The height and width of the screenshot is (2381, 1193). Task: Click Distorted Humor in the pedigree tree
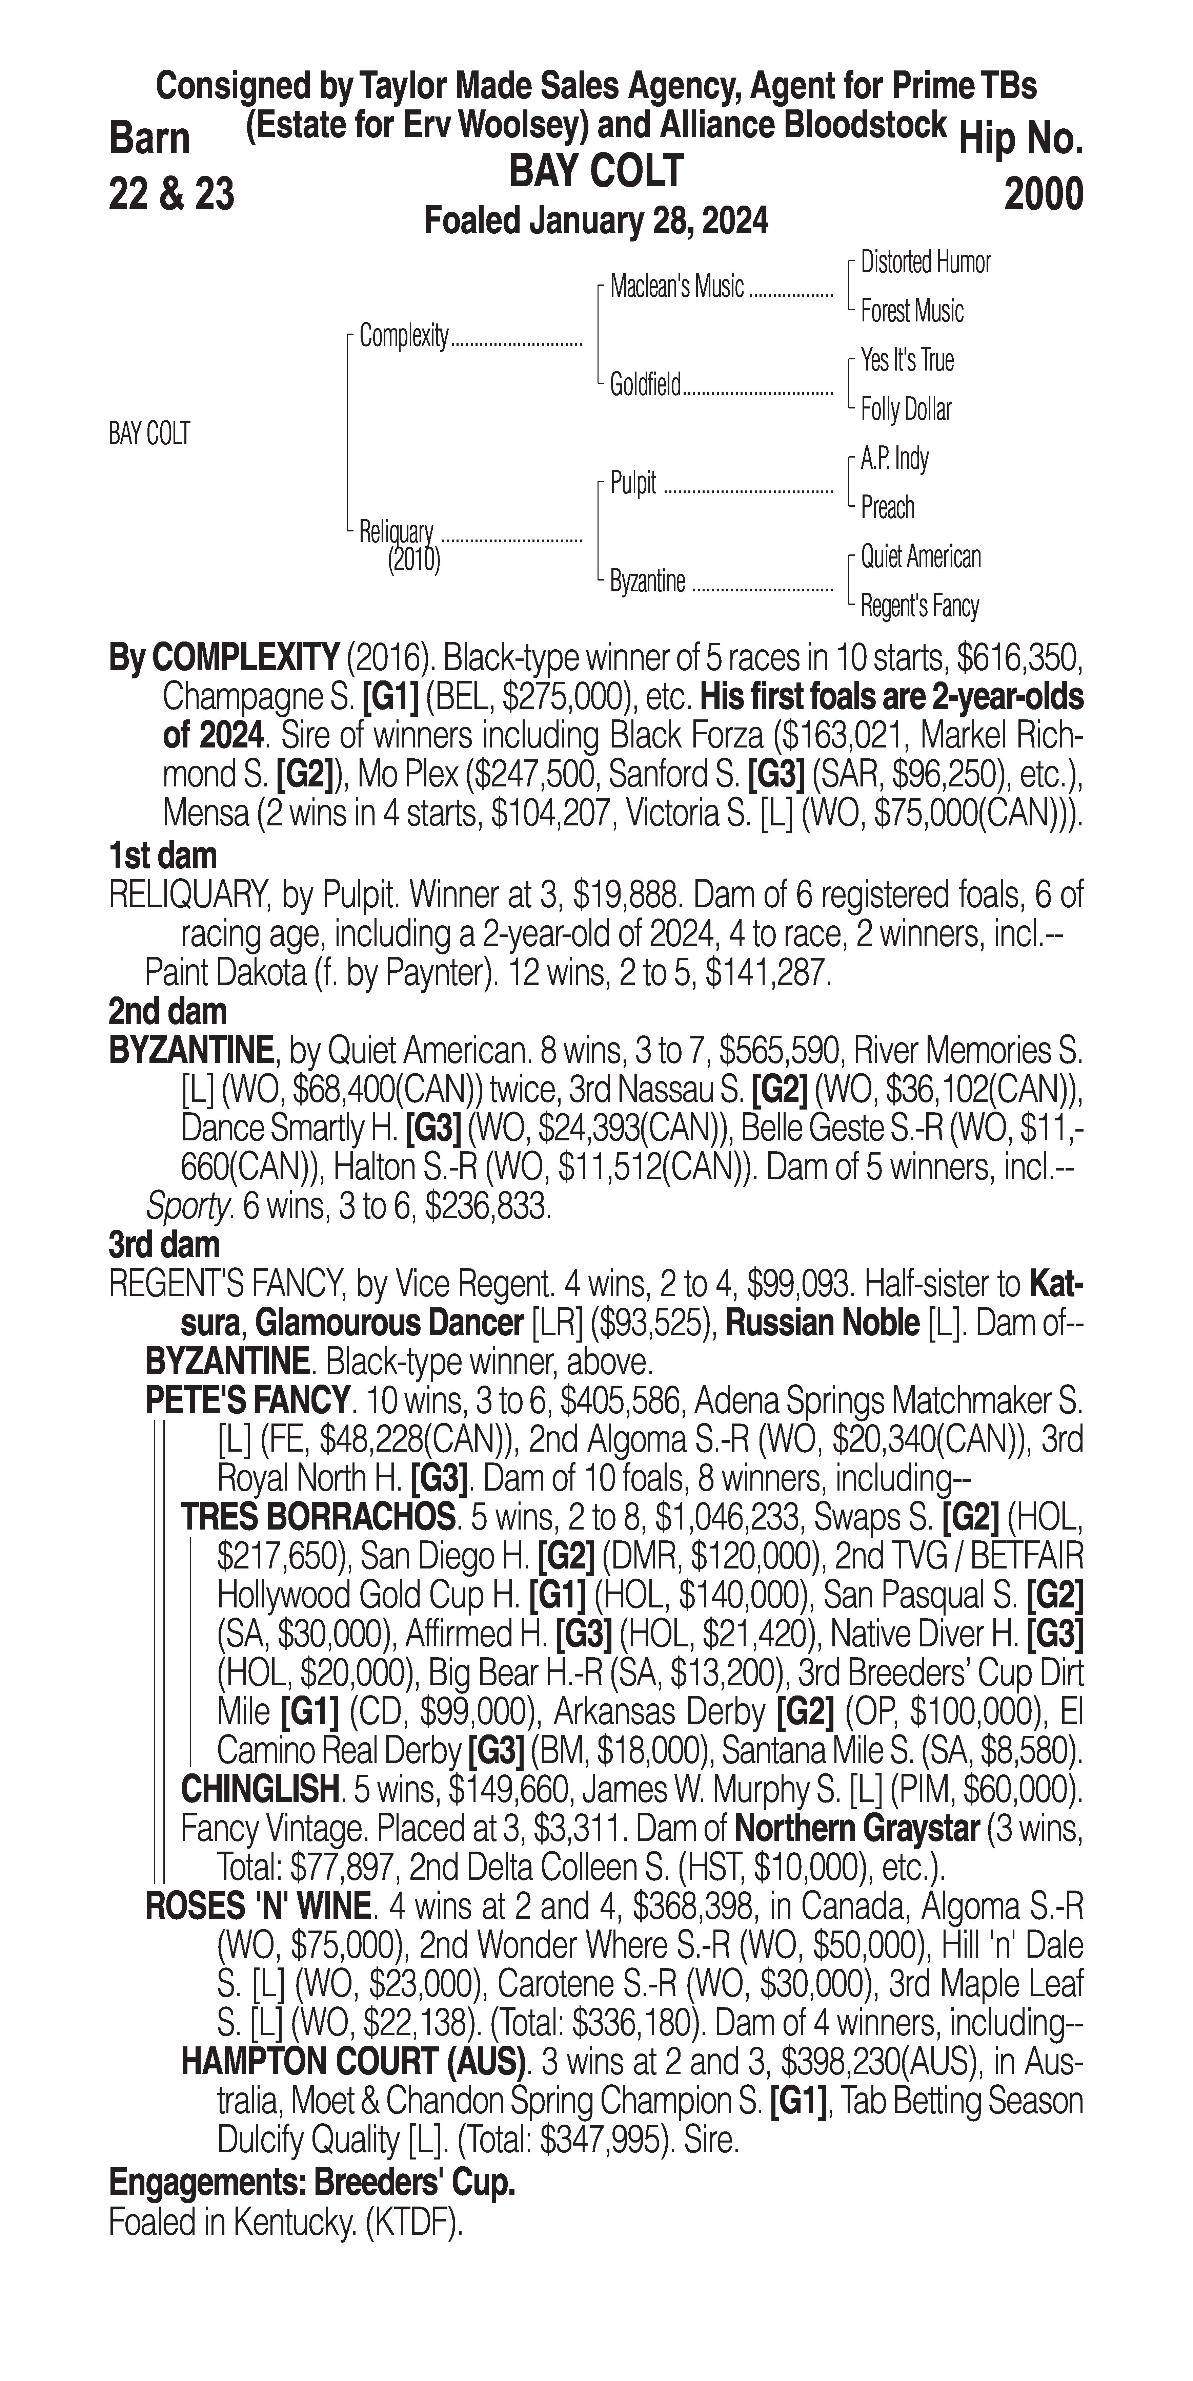click(925, 262)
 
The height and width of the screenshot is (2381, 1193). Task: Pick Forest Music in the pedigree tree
click(912, 312)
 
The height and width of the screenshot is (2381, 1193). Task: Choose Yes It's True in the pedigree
click(906, 360)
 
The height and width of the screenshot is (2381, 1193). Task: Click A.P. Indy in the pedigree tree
click(894, 459)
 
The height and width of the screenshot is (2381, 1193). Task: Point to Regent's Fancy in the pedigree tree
click(919, 606)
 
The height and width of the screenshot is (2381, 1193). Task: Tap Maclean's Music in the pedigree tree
click(677, 288)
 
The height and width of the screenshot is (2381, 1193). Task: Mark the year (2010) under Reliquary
click(413, 559)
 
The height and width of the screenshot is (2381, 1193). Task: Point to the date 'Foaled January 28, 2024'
click(595, 222)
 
